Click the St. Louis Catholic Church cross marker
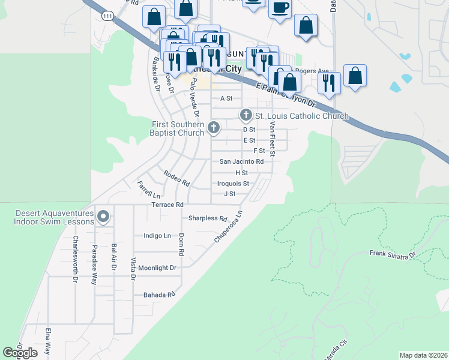pyautogui.click(x=246, y=115)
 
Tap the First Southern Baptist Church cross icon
pyautogui.click(x=214, y=127)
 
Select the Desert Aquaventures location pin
pyautogui.click(x=103, y=216)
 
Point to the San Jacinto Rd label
pyautogui.click(x=241, y=161)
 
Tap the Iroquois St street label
pyautogui.click(x=233, y=184)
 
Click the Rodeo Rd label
pyautogui.click(x=176, y=178)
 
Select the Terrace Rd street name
pyautogui.click(x=167, y=205)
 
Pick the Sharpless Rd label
pyautogui.click(x=208, y=218)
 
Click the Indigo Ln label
pyautogui.click(x=158, y=236)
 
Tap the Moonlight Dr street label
pyautogui.click(x=157, y=268)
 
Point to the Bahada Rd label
pyautogui.click(x=158, y=295)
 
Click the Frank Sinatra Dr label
pyautogui.click(x=393, y=256)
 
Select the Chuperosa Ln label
pyautogui.click(x=229, y=226)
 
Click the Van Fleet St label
pyautogui.click(x=272, y=139)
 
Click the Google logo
pyautogui.click(x=20, y=353)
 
